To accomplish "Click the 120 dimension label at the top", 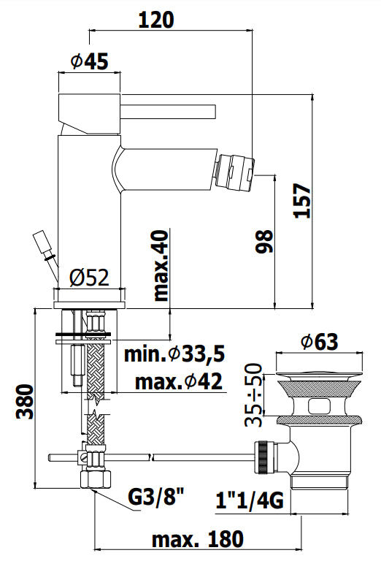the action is [156, 20].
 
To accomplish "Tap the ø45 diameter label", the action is [89, 61].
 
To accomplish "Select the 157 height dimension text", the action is [302, 200].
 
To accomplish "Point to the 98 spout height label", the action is [265, 242].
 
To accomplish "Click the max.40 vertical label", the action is [161, 265].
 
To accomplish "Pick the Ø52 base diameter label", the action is [89, 278].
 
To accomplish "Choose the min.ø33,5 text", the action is [174, 354].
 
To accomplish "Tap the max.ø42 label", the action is [179, 381].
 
